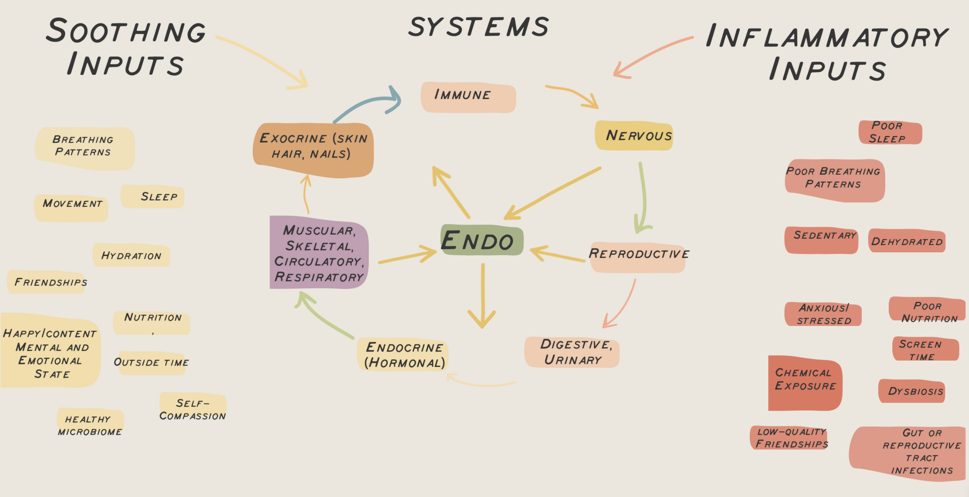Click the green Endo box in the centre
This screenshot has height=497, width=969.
(x=481, y=240)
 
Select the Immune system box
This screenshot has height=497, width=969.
(x=468, y=97)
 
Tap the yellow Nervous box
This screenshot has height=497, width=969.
(x=634, y=136)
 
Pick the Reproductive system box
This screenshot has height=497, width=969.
(x=638, y=258)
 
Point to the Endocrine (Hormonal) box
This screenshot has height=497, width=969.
(x=403, y=354)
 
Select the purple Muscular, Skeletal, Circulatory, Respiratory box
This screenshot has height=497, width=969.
(x=319, y=253)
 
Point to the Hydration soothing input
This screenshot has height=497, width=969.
(x=131, y=255)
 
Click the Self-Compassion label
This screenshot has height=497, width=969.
(x=193, y=409)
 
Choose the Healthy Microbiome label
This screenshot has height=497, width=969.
(x=90, y=425)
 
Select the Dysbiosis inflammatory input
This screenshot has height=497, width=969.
(x=911, y=391)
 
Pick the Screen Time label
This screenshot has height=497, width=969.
(x=925, y=349)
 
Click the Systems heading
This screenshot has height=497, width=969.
(x=479, y=27)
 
